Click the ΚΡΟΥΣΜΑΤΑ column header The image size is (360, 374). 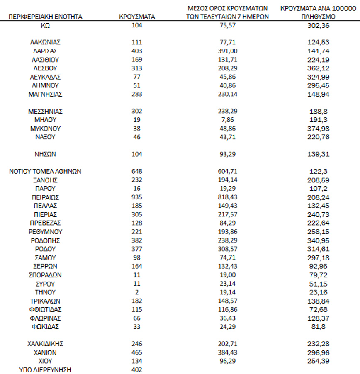136,17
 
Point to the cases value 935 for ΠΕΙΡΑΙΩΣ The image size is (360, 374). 136,197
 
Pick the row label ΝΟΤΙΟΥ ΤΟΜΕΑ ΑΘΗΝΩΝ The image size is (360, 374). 45,171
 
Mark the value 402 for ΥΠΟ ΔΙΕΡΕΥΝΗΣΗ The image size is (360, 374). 136,369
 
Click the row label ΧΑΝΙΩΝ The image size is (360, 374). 45,352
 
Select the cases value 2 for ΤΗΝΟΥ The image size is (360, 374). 136,292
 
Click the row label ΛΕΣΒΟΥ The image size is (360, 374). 45,68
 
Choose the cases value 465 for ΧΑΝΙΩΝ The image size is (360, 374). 136,352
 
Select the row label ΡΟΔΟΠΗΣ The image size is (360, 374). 45,240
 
